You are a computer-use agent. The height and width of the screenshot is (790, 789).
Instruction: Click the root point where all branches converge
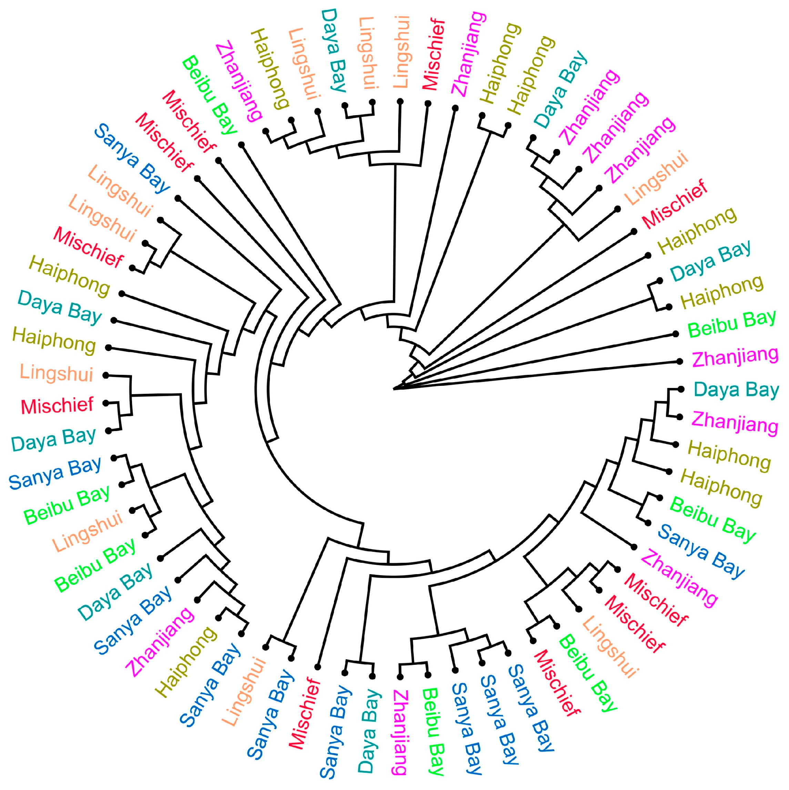click(x=394, y=389)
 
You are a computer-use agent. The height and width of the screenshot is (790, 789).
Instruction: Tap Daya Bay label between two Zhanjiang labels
click(x=736, y=389)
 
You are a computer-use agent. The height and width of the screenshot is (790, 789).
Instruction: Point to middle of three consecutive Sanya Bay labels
click(x=499, y=719)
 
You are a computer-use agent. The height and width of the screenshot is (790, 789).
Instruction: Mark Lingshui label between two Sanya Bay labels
click(x=244, y=691)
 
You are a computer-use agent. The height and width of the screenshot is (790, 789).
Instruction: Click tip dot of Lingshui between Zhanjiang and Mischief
click(x=617, y=209)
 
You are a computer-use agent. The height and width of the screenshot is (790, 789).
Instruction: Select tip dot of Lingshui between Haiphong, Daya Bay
click(x=317, y=111)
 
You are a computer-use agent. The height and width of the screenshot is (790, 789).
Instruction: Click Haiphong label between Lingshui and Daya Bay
click(x=53, y=340)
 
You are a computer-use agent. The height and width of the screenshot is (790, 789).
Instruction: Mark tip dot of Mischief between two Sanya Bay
click(x=318, y=667)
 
